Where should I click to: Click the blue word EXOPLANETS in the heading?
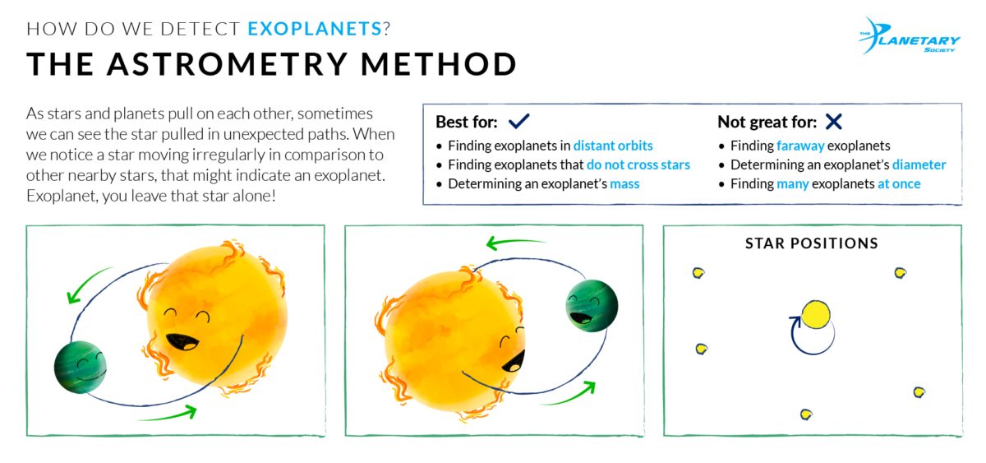pyautogui.click(x=314, y=29)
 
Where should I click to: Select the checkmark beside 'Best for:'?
pyautogui.click(x=518, y=122)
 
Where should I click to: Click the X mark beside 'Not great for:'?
pyautogui.click(x=833, y=122)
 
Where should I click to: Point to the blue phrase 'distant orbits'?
pyautogui.click(x=613, y=146)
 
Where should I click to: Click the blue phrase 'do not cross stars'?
pyautogui.click(x=638, y=164)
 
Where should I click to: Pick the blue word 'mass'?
pyautogui.click(x=624, y=183)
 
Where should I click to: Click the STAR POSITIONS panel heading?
pyautogui.click(x=811, y=243)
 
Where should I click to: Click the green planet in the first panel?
pyautogui.click(x=81, y=367)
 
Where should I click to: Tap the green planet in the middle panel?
pyautogui.click(x=592, y=305)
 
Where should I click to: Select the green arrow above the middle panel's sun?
pyautogui.click(x=515, y=243)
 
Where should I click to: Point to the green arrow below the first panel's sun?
pyautogui.click(x=168, y=414)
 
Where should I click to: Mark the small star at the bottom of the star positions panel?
pyautogui.click(x=806, y=414)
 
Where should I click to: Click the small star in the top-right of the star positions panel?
pyautogui.click(x=900, y=272)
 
